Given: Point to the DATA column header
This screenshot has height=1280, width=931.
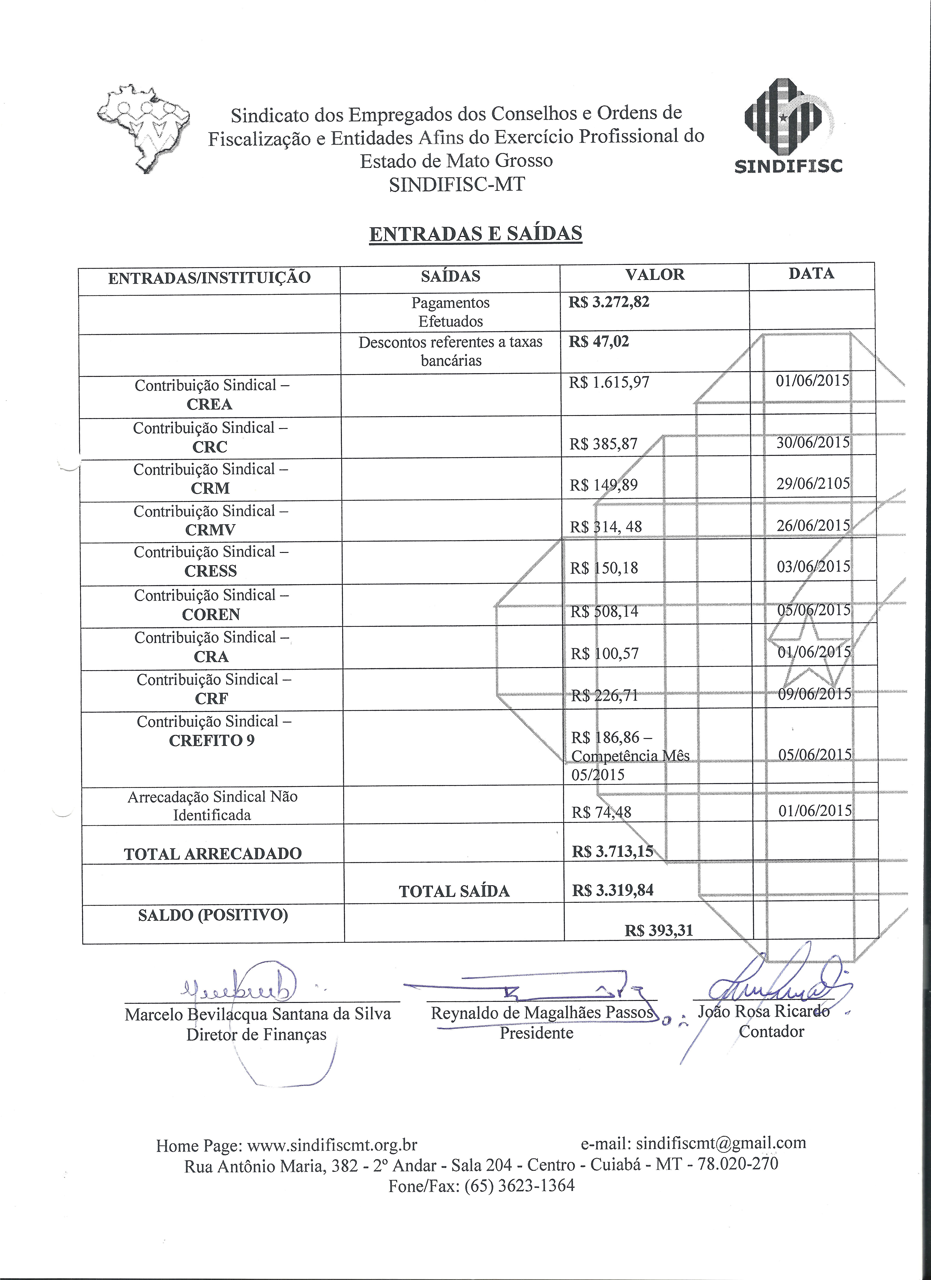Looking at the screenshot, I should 811,274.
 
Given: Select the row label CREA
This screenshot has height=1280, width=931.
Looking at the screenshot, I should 209,404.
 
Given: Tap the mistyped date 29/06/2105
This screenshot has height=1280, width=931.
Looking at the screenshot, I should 812,484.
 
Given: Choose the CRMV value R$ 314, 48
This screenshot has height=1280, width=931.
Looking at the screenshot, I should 606,527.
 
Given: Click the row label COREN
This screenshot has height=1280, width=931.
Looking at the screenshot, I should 211,614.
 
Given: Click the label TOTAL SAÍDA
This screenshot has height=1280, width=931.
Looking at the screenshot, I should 454,891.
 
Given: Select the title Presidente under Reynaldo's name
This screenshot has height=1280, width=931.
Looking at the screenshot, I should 536,1033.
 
